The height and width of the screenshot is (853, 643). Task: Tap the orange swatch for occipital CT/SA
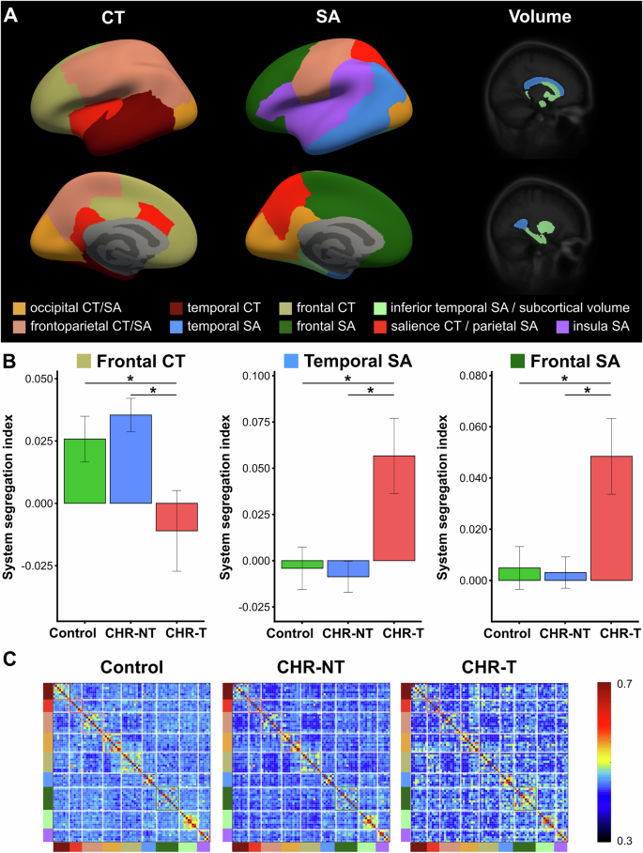[20, 307]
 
